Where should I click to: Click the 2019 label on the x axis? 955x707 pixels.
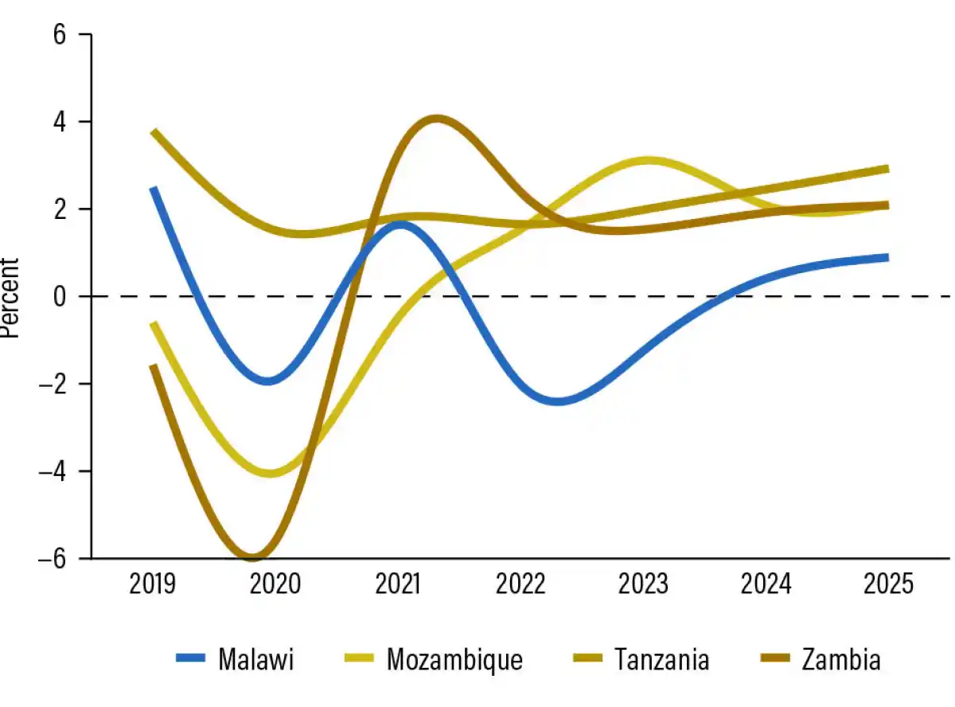point(152,585)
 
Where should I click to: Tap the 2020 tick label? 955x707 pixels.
point(275,585)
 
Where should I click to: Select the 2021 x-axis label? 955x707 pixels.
point(397,585)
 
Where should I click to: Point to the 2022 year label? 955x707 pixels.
point(520,585)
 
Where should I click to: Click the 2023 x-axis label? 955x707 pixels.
point(643,585)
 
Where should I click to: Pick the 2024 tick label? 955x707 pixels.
point(766,585)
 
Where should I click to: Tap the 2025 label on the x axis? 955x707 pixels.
point(888,585)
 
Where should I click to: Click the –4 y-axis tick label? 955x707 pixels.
point(54,471)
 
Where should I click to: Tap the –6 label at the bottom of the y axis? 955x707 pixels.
point(54,558)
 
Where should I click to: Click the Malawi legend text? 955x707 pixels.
point(256,660)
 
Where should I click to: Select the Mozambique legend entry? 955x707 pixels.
point(454,660)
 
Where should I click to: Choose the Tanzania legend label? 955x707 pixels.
point(661,660)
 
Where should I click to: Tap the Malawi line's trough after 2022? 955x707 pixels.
point(557,400)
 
